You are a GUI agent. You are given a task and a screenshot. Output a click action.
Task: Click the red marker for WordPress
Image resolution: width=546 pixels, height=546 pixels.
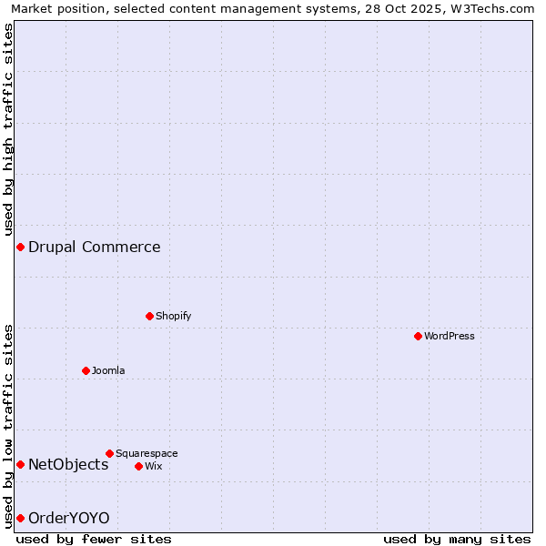pos(418,336)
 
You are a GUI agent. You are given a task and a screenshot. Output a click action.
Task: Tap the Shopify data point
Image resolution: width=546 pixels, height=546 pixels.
pos(150,316)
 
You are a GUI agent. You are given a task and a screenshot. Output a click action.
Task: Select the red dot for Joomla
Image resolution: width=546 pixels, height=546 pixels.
pos(86,370)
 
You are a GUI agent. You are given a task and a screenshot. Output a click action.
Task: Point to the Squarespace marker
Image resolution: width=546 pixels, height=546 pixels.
pos(109,453)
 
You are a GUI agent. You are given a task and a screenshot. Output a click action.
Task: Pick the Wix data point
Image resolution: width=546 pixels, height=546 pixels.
pos(138,466)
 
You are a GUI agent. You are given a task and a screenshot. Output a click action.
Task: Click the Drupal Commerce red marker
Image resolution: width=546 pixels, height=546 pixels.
pos(20,247)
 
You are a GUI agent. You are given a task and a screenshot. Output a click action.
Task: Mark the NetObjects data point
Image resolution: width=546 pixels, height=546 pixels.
pos(20,464)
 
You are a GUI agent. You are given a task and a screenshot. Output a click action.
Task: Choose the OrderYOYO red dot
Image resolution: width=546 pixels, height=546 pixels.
pos(20,518)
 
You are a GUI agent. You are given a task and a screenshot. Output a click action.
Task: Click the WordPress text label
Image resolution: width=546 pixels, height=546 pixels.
pos(450,336)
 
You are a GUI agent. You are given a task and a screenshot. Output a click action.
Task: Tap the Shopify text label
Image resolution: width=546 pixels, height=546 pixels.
pos(173,316)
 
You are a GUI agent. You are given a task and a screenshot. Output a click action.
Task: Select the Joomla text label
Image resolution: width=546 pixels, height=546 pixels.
pos(108,370)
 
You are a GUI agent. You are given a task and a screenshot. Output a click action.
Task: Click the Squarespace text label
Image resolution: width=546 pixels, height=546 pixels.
pos(147,453)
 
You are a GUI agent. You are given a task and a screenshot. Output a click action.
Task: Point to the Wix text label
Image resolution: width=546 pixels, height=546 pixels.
pos(154,466)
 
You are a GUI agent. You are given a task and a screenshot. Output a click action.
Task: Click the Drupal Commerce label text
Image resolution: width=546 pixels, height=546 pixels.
pos(95,247)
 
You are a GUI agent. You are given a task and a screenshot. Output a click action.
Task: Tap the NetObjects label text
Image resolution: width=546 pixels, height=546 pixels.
pos(68,464)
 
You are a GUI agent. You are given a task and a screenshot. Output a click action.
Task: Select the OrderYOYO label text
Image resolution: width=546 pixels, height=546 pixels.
pos(69,518)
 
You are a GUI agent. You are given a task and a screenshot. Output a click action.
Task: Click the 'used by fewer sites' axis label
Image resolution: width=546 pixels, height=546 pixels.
pos(94,539)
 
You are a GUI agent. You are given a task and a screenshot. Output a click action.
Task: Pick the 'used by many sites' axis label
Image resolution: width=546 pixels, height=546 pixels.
pos(457,539)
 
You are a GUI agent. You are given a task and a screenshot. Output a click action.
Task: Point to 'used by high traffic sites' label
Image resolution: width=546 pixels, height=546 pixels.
pos(8,131)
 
